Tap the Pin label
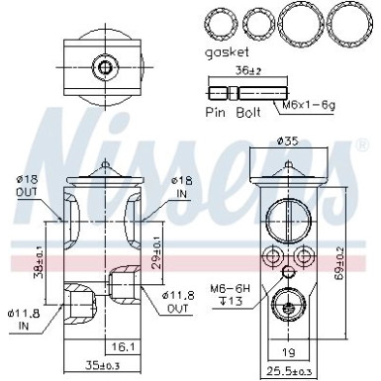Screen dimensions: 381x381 pos(217,114)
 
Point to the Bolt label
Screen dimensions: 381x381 pos(247,114)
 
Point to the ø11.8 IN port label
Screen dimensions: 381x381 pos(26,320)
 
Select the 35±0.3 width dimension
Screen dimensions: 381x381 pos(97,366)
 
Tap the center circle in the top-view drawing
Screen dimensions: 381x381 pos(105,66)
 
